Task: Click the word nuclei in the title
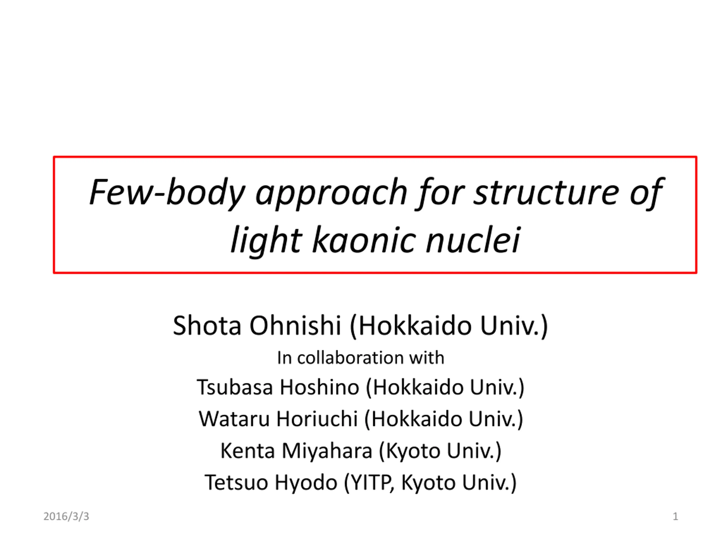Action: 473,240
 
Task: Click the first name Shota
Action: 207,325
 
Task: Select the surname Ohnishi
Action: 296,325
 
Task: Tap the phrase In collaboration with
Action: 361,358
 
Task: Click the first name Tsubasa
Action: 235,387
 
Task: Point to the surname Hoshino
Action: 320,387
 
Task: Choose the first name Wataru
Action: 234,419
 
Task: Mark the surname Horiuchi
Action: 317,419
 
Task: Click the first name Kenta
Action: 248,451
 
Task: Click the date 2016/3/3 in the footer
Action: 66,516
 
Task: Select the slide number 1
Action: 675,516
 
